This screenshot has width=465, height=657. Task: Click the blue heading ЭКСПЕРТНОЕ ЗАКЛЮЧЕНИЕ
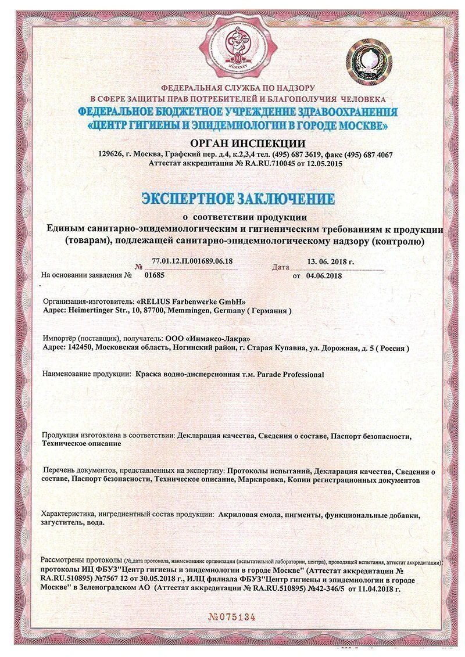coord(238,199)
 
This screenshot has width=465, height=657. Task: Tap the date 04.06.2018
coord(324,275)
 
